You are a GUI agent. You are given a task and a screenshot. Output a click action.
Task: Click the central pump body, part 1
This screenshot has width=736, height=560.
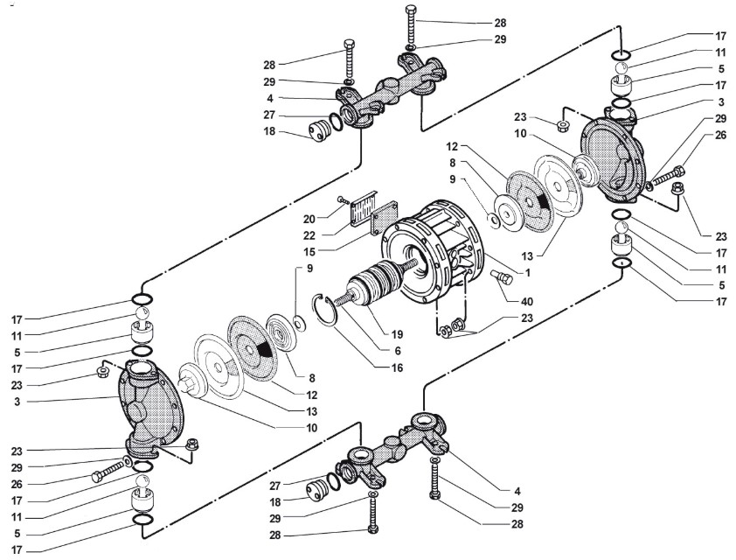coord(437,254)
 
